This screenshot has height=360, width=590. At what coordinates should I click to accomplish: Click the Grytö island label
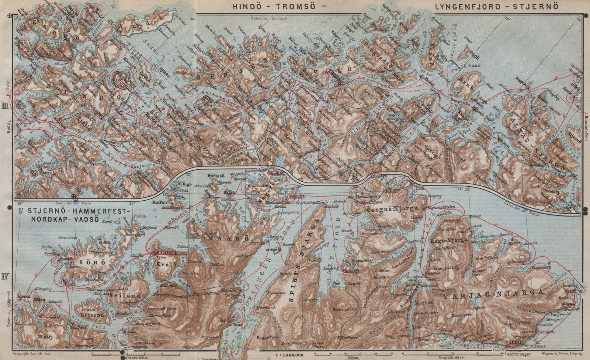pyautogui.click(x=143, y=74)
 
